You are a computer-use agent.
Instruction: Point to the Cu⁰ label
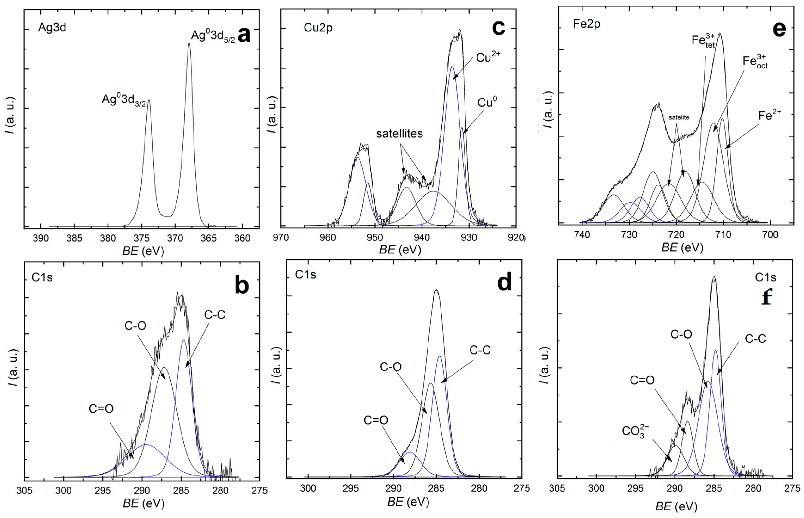pyautogui.click(x=487, y=102)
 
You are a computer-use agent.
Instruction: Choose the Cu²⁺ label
pyautogui.click(x=488, y=58)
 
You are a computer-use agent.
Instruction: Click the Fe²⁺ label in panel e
pyautogui.click(x=769, y=115)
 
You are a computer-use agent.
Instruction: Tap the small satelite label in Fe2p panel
pyautogui.click(x=679, y=117)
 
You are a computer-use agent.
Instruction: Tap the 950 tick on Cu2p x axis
pyautogui.click(x=374, y=237)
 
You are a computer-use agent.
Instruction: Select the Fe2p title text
pyautogui.click(x=586, y=24)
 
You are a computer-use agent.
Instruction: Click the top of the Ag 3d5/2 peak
pyautogui.click(x=189, y=43)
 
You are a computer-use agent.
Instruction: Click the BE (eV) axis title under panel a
pyautogui.click(x=143, y=251)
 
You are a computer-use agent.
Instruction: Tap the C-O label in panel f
pyautogui.click(x=681, y=334)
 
